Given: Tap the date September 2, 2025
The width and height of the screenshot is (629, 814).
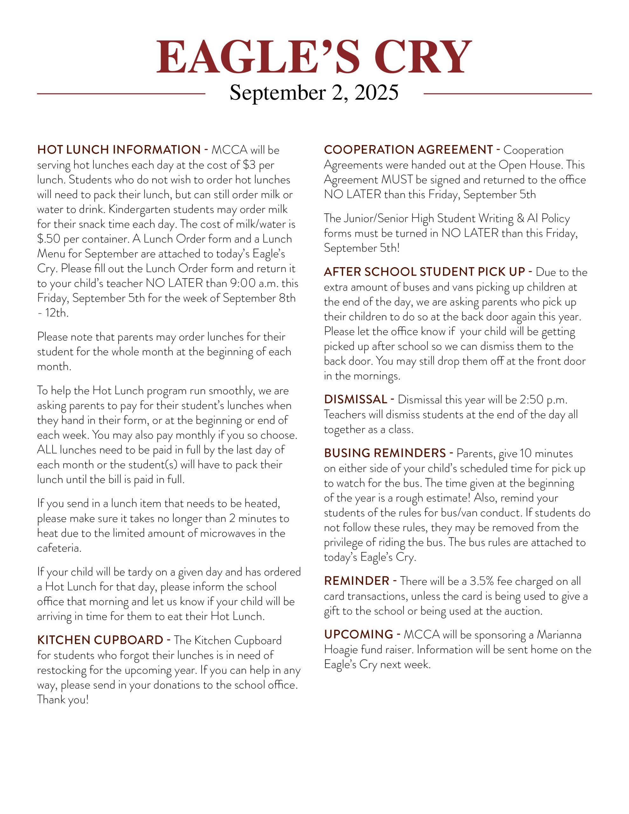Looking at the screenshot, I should point(314,93).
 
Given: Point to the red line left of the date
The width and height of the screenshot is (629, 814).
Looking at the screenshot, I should point(121,93).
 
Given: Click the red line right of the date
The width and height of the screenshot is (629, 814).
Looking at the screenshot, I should point(508,93).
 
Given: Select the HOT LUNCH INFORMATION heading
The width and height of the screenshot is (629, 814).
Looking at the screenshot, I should point(119,150).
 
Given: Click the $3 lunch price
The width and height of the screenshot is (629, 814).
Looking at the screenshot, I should point(249,165).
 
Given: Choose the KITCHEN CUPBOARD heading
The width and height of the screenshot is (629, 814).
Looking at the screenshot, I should point(100,640).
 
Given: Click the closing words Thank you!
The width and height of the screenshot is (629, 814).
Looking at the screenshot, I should point(63,700).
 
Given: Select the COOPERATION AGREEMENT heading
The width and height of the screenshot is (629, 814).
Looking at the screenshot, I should point(408,150).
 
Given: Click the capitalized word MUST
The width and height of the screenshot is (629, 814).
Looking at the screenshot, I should point(397,180).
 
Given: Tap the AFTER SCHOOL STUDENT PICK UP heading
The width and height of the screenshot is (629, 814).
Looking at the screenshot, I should point(424,272).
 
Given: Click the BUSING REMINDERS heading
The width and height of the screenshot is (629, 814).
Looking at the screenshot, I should point(385,453).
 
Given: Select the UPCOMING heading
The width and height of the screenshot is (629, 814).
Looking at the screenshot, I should point(358,634).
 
